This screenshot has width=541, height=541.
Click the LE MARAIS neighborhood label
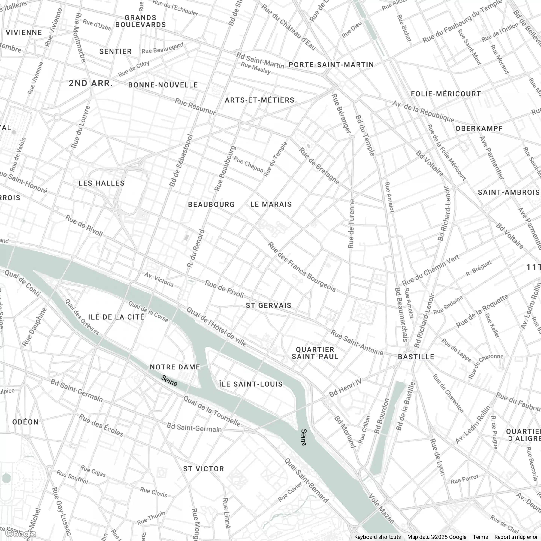pyautogui.click(x=271, y=204)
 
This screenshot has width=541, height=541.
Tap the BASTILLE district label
pyautogui.click(x=416, y=357)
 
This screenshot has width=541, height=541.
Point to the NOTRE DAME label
pyautogui.click(x=175, y=367)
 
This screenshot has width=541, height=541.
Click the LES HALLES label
pyautogui.click(x=102, y=183)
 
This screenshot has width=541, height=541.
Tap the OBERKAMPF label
pyautogui.click(x=479, y=128)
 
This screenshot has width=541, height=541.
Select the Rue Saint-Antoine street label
pyautogui.click(x=357, y=342)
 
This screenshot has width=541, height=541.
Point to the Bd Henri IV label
pyautogui.click(x=345, y=388)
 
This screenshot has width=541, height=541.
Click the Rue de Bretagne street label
pyautogui.click(x=319, y=166)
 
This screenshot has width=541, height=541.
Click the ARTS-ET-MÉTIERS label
pyautogui.click(x=260, y=100)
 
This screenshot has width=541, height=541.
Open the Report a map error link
pyautogui.click(x=516, y=537)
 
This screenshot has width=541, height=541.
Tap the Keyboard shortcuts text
pyautogui.click(x=377, y=537)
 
